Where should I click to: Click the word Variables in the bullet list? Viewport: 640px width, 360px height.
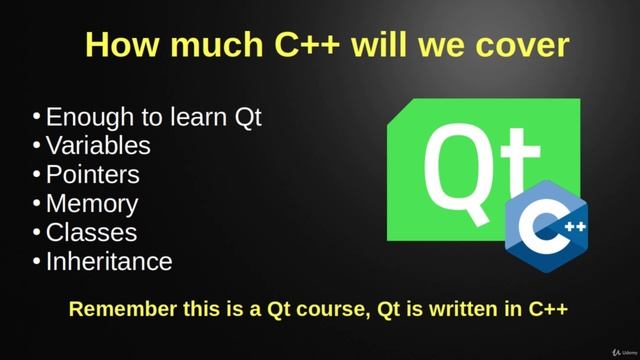pyautogui.click(x=98, y=145)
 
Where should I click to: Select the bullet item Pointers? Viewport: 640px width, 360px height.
pyautogui.click(x=92, y=174)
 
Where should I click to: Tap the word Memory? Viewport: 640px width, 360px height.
pyautogui.click(x=91, y=204)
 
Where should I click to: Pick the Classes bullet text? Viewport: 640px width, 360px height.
pyautogui.click(x=91, y=233)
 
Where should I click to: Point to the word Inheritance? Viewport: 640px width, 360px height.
pyautogui.click(x=109, y=262)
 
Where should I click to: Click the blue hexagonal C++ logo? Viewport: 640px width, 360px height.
pyautogui.click(x=546, y=225)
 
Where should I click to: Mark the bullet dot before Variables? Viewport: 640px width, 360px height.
pyautogui.click(x=36, y=144)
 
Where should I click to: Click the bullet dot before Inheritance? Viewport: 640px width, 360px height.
pyautogui.click(x=36, y=261)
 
